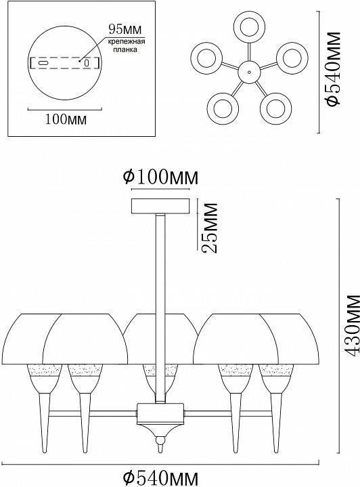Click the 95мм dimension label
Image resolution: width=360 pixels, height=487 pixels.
pyautogui.click(x=122, y=29)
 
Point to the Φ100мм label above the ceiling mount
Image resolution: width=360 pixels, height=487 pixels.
pyautogui.click(x=160, y=177)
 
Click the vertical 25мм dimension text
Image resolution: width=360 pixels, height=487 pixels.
pyautogui.click(x=210, y=227)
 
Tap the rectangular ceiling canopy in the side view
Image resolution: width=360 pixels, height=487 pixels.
pyautogui.click(x=160, y=205)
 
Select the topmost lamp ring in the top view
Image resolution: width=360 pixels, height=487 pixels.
pyautogui.click(x=248, y=26)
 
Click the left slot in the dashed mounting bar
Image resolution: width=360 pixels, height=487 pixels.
pyautogui.click(x=43, y=62)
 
